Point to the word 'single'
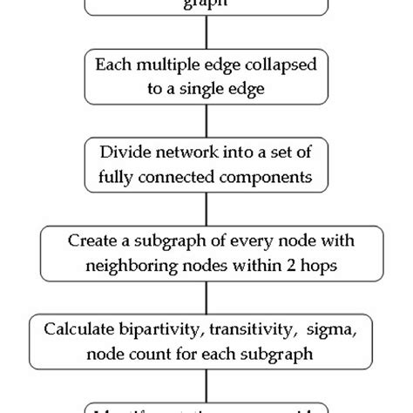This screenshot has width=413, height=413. pyautogui.click(x=206, y=88)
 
